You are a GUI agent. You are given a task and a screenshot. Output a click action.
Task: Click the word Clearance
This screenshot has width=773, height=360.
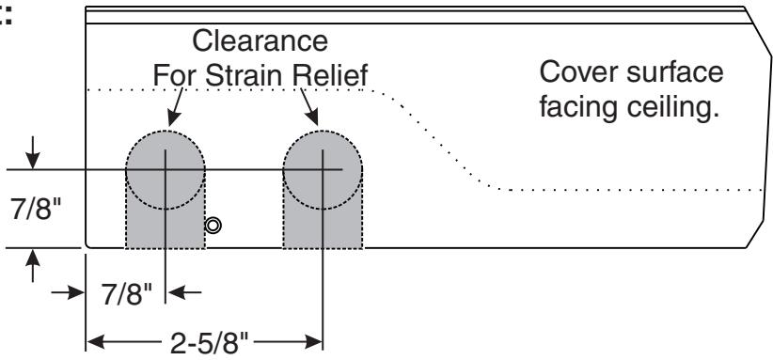click(260, 40)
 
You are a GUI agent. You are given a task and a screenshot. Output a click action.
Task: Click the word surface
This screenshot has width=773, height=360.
click(675, 71)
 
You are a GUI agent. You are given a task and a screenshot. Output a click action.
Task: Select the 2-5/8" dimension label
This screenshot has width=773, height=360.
click(210, 343)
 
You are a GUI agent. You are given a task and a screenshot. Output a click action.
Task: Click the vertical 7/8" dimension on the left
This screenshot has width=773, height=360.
click(36, 210)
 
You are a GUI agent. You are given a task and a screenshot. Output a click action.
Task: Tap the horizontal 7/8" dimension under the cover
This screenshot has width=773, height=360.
click(127, 295)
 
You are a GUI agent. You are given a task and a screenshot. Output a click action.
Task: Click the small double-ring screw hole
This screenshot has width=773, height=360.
click(213, 226)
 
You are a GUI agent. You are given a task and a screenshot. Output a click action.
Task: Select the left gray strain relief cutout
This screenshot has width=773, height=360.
click(166, 190)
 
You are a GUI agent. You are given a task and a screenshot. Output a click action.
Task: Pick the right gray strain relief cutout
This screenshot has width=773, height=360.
click(323, 190)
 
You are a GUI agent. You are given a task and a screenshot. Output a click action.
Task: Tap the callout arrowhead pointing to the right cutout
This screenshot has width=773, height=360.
click(311, 117)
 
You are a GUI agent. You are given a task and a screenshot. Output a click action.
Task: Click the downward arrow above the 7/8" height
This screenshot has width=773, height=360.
click(33, 152)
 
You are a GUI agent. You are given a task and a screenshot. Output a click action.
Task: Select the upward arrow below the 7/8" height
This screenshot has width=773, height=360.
click(33, 266)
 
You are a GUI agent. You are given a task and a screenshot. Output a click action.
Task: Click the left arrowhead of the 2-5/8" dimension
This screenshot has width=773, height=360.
click(96, 341)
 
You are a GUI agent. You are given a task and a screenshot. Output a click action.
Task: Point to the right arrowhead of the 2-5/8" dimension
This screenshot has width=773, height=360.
click(314, 341)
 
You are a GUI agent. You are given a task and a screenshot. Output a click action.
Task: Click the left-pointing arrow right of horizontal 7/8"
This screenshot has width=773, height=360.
click(184, 292)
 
